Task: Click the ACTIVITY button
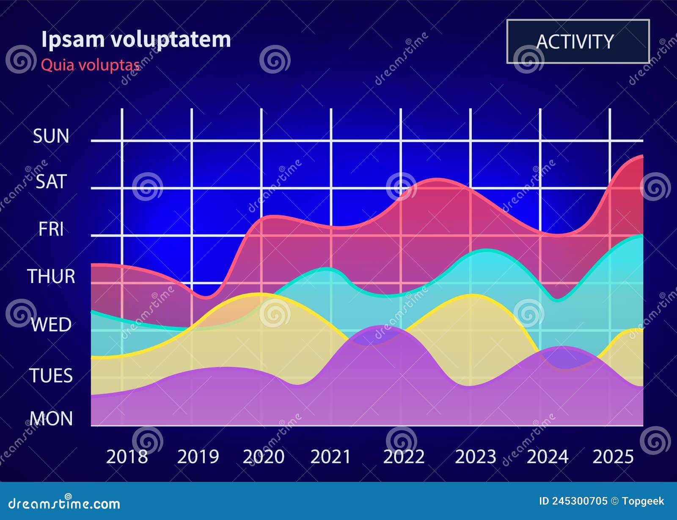[578, 41]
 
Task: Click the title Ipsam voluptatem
[136, 39]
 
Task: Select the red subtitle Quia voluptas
[90, 65]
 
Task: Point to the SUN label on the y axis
[51, 136]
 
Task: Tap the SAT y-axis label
[51, 182]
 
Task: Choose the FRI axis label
[51, 229]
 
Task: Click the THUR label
[51, 277]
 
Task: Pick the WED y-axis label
[51, 325]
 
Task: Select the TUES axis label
[51, 376]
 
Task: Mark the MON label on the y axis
[51, 419]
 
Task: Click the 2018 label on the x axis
[127, 457]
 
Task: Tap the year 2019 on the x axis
[198, 457]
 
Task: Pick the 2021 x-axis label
[330, 457]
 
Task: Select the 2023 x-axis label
[475, 457]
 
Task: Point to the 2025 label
[613, 457]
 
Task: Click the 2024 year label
[547, 457]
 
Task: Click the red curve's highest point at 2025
[642, 156]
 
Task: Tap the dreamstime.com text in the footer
[64, 503]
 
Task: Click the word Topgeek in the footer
[643, 501]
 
